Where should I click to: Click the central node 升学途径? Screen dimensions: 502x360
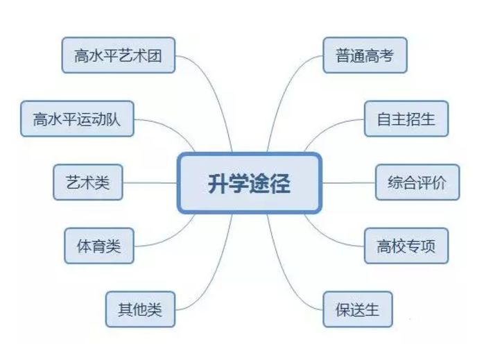(x=250, y=183)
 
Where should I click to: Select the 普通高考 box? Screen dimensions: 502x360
(x=364, y=55)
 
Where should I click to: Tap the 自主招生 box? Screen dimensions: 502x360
(x=406, y=119)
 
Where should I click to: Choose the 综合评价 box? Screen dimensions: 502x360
(x=417, y=182)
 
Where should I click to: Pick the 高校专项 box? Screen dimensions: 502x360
(x=406, y=246)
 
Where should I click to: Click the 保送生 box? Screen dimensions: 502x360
(x=358, y=309)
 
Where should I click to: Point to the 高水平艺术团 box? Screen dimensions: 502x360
(x=118, y=55)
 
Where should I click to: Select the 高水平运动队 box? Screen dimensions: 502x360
(x=76, y=119)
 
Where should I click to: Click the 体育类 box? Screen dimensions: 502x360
(x=98, y=246)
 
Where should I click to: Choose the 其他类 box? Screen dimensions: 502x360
(x=139, y=309)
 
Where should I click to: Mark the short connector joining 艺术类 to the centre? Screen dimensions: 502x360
(x=149, y=183)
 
